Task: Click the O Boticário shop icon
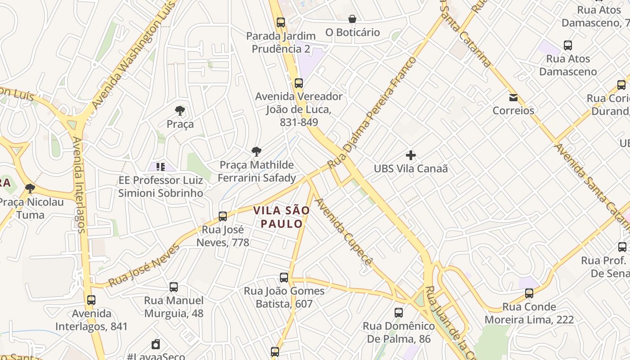352,19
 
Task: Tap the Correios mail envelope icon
513,98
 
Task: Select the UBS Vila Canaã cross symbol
410,156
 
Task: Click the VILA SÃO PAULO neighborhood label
281,217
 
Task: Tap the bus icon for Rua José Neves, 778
223,216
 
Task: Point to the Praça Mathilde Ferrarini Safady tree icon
256,152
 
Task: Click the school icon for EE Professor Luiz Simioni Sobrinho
161,167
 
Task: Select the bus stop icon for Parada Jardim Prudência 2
281,22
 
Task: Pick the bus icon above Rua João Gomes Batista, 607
284,278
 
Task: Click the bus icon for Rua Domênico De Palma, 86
398,313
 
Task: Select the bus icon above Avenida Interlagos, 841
91,300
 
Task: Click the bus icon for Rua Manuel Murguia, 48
174,287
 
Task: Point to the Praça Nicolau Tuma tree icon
30,189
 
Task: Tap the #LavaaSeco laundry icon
156,344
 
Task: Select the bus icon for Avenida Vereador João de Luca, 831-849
299,83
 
